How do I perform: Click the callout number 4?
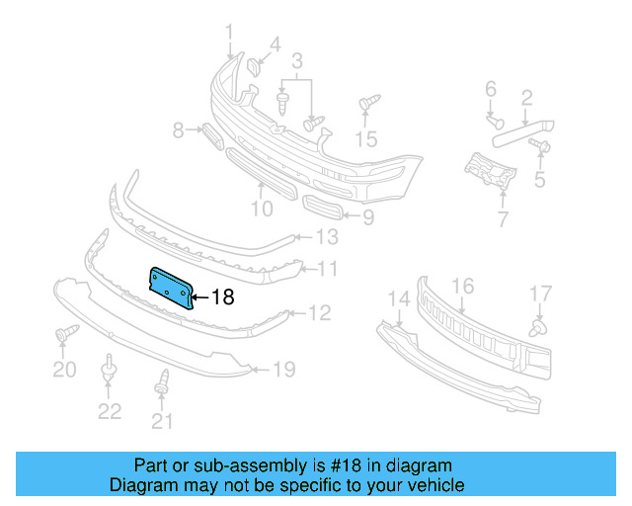[x=275, y=44]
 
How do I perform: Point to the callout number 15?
[x=366, y=138]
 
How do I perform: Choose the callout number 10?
[x=261, y=209]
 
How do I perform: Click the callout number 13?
[x=326, y=237]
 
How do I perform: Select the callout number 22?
[x=109, y=411]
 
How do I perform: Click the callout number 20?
[x=63, y=370]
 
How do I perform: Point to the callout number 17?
[x=540, y=293]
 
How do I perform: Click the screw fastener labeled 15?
[x=368, y=102]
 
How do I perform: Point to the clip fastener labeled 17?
[x=537, y=326]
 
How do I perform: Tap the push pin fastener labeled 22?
[x=109, y=373]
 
